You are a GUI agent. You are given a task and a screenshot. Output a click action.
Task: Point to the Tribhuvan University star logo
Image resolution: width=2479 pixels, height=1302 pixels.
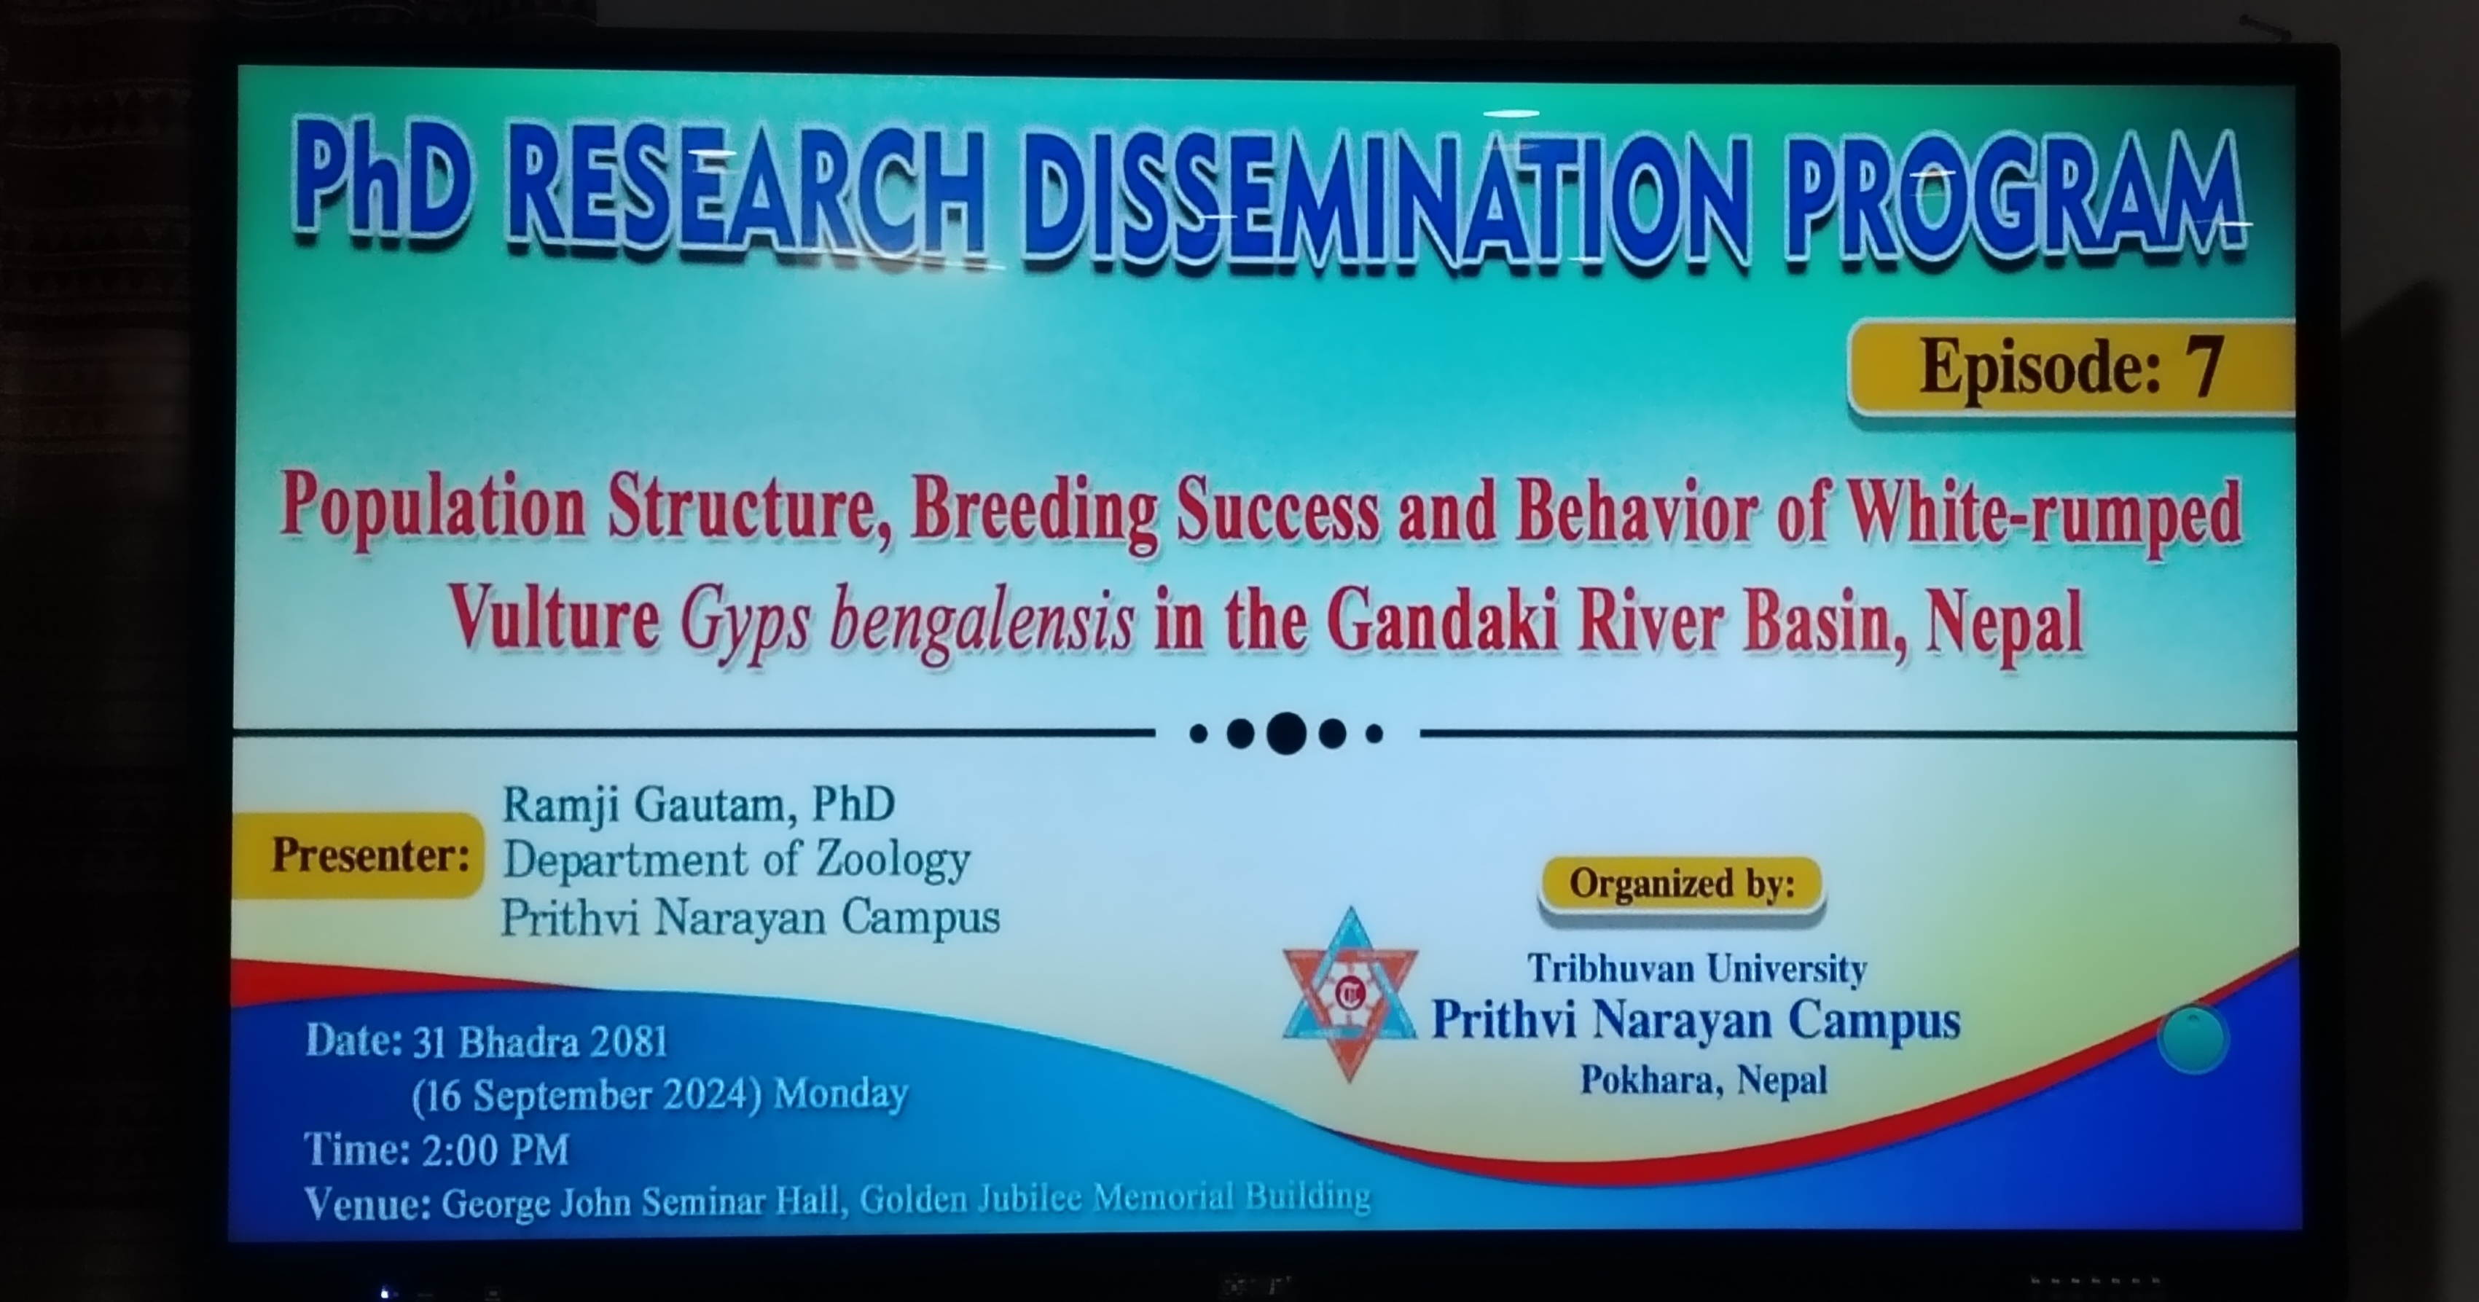pyautogui.click(x=1350, y=994)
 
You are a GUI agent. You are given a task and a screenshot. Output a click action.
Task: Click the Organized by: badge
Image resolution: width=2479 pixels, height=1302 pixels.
pyautogui.click(x=1681, y=883)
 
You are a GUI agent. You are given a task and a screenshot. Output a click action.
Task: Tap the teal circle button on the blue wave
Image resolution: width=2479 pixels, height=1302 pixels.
pyautogui.click(x=2192, y=1039)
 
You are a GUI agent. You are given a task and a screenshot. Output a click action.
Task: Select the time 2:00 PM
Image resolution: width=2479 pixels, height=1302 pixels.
pyautogui.click(x=495, y=1149)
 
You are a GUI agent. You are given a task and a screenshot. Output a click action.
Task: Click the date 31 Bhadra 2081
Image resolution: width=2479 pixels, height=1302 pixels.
pyautogui.click(x=540, y=1042)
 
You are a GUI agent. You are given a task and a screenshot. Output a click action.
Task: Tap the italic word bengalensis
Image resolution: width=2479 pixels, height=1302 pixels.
pyautogui.click(x=982, y=621)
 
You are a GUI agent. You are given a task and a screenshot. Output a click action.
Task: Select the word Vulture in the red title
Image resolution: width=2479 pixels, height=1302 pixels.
pyautogui.click(x=555, y=619)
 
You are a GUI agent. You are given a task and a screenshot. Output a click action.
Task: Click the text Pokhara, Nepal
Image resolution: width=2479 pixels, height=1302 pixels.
pyautogui.click(x=1704, y=1080)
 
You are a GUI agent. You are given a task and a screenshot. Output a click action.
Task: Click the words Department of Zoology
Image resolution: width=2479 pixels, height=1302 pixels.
pyautogui.click(x=736, y=859)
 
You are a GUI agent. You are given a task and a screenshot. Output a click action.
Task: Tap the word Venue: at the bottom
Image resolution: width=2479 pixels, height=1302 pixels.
pyautogui.click(x=367, y=1204)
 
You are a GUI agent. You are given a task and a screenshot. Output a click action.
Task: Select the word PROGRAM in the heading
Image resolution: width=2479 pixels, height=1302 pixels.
pyautogui.click(x=2016, y=202)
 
